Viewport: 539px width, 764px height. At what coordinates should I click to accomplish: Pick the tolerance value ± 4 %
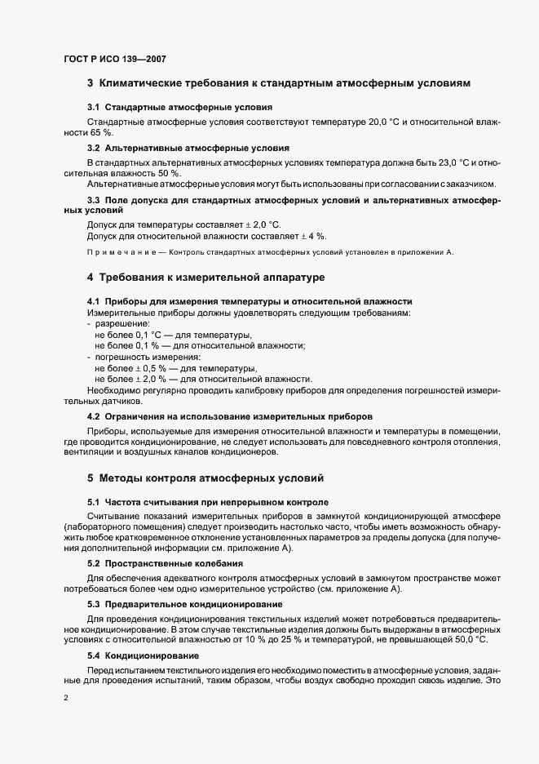point(314,236)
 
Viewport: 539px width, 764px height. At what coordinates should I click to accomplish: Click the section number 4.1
point(93,302)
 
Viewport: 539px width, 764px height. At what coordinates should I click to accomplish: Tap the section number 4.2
point(93,415)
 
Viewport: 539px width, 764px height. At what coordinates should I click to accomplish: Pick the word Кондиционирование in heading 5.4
point(152,656)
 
